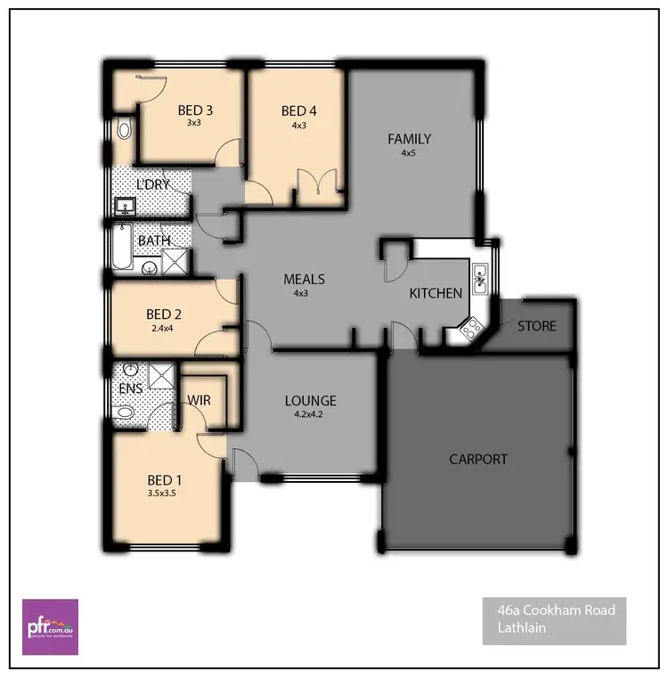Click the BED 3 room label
(x=195, y=110)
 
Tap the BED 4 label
(x=298, y=110)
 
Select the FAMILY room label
(x=409, y=139)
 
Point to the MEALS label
(x=304, y=279)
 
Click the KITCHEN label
(x=436, y=293)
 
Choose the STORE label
(x=536, y=326)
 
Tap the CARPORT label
(x=478, y=460)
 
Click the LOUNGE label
(x=310, y=401)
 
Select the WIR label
(x=200, y=401)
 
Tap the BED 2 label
(x=164, y=314)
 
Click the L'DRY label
(x=152, y=184)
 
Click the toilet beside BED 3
(x=124, y=131)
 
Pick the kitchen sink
(x=479, y=279)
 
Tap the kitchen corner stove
(x=470, y=331)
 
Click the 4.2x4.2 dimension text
(x=310, y=414)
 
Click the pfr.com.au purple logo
(x=50, y=621)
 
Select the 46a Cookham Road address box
(x=555, y=620)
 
